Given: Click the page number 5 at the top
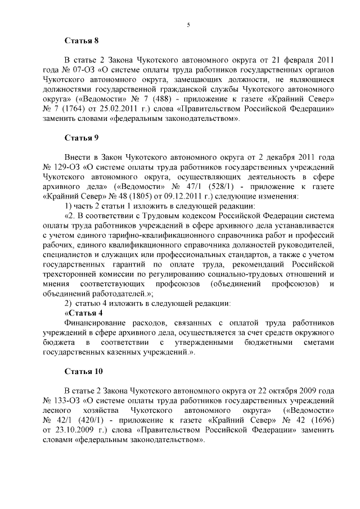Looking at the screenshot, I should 188,24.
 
